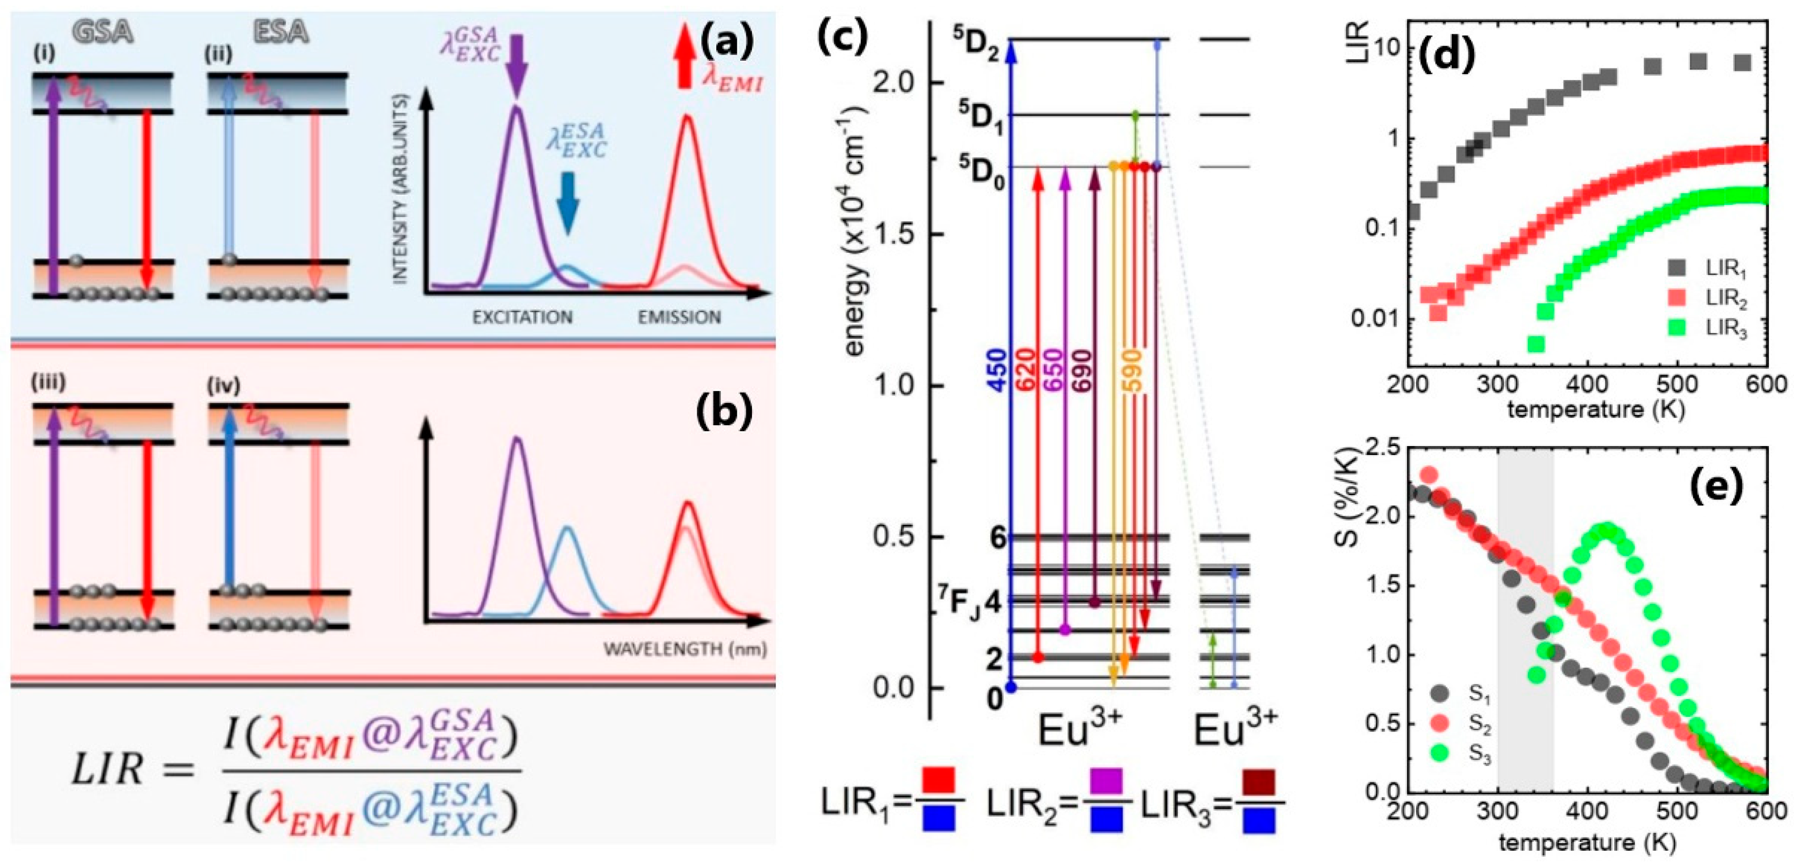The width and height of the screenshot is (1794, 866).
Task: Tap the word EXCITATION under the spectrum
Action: pos(522,318)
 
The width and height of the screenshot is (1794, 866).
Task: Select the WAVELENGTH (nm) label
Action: pos(685,649)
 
